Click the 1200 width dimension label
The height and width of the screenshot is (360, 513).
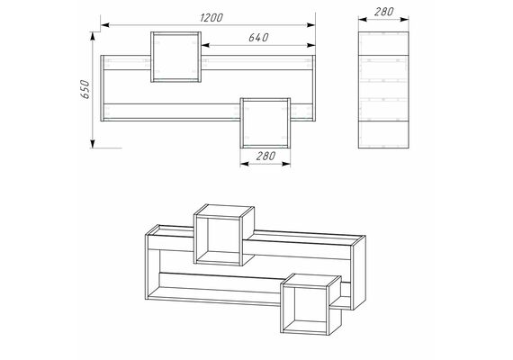point(211,17)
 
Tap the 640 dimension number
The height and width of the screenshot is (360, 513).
point(258,38)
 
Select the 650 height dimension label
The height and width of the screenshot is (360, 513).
point(85,89)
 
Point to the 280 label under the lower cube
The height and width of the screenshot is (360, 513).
point(265,156)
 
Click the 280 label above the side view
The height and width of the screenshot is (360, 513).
point(383,12)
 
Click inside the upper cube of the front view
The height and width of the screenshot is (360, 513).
point(176,57)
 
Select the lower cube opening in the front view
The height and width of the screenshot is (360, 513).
point(265,123)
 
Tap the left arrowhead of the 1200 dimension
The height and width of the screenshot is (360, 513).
point(105,24)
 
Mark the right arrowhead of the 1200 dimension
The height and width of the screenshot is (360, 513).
point(310,24)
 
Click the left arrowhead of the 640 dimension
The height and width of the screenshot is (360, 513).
point(205,45)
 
